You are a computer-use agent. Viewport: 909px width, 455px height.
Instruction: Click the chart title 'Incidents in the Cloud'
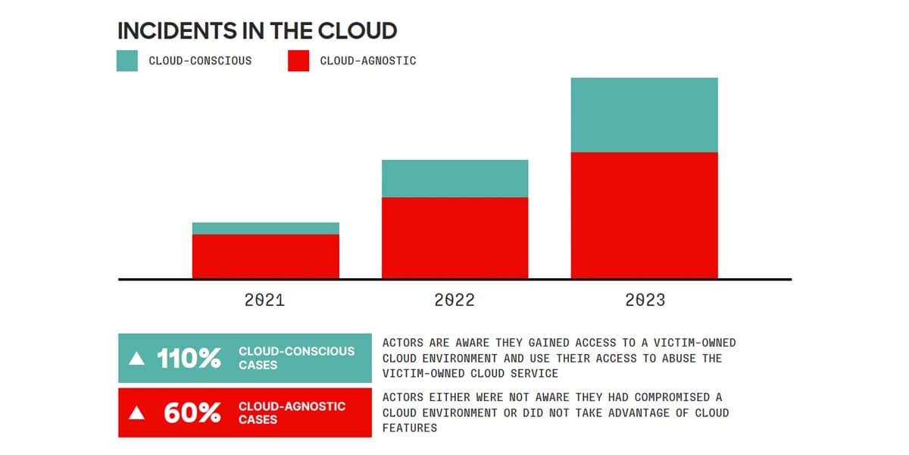pos(257,31)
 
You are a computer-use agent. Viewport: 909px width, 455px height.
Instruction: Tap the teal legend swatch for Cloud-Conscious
pos(127,61)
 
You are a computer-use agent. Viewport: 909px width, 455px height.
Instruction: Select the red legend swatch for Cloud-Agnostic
pos(298,61)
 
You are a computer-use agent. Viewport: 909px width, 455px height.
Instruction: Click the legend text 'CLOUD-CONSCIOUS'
pos(200,61)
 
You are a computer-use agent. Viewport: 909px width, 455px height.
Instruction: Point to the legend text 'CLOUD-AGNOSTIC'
pos(368,61)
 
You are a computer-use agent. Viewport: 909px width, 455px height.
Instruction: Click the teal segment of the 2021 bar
pos(265,228)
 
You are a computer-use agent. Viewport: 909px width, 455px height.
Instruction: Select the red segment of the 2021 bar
pos(265,256)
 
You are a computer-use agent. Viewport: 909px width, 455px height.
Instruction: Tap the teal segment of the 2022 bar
pos(454,179)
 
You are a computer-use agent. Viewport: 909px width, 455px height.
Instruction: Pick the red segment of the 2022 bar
pos(454,237)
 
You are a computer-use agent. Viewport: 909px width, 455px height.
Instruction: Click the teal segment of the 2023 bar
pos(644,115)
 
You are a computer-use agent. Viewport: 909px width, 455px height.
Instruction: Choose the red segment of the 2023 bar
pos(644,215)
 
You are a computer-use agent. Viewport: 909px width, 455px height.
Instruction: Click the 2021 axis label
pos(264,300)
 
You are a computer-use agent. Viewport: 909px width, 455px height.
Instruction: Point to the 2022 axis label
pos(454,300)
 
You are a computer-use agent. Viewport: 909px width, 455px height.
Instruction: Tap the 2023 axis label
pos(645,300)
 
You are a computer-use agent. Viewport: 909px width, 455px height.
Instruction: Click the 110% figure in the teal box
pos(189,359)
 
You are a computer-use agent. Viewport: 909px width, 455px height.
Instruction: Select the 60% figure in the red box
pos(192,413)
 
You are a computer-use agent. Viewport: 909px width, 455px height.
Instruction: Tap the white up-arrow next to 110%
pos(136,359)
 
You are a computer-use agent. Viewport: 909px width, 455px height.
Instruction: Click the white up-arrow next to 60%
pos(136,413)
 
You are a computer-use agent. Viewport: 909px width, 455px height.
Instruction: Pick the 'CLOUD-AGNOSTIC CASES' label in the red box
pos(292,413)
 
